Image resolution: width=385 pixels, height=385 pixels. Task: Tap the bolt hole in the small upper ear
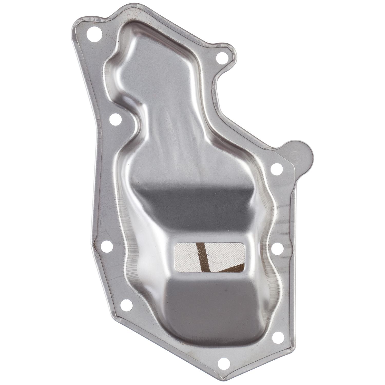point(220,57)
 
